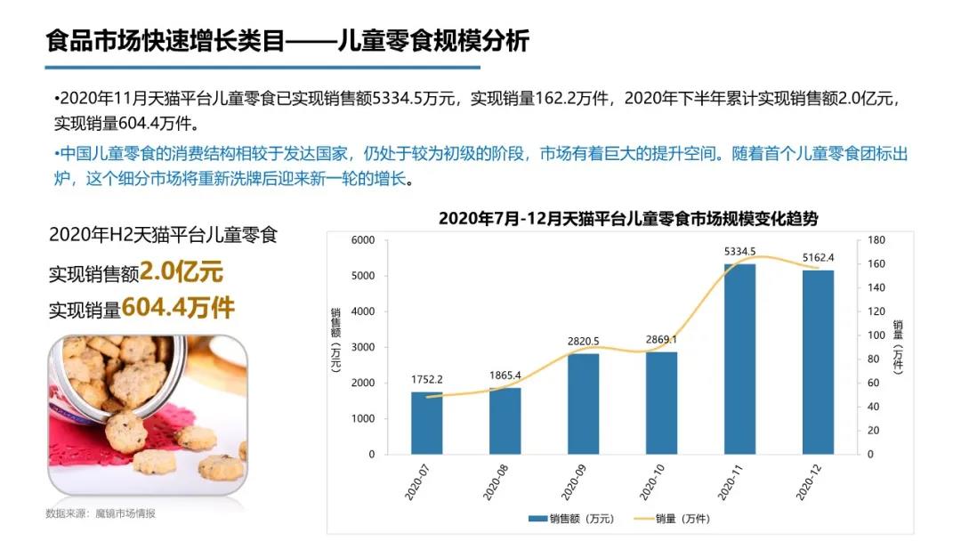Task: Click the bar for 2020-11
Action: [739, 359]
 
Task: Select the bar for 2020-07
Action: [426, 423]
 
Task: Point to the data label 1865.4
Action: [505, 375]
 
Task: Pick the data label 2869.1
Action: [661, 340]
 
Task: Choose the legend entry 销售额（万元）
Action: [569, 519]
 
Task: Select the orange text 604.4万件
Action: [178, 308]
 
